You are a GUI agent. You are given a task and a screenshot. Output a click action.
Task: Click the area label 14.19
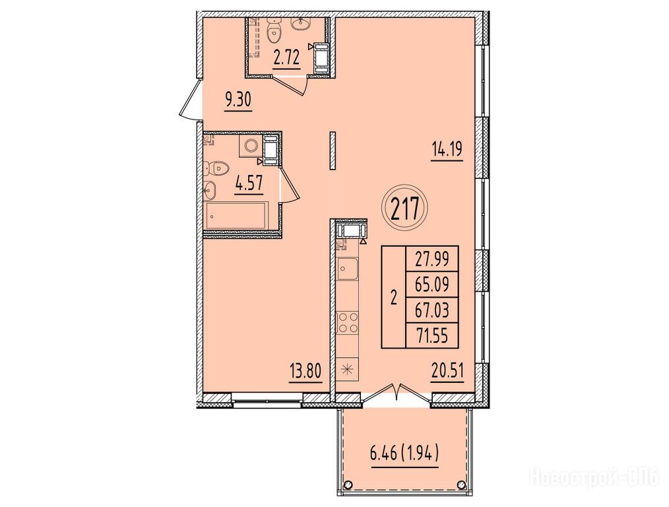pos(447,151)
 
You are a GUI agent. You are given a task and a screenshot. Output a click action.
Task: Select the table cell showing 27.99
pos(431,259)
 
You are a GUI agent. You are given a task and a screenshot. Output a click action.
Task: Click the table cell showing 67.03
pos(431,310)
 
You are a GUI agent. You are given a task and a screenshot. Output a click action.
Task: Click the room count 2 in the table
pos(393,297)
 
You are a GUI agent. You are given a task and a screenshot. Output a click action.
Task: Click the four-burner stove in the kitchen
pos(348,322)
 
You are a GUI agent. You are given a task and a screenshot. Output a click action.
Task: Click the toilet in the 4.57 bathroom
pos(216,168)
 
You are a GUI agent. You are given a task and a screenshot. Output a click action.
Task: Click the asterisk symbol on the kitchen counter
pos(348,368)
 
